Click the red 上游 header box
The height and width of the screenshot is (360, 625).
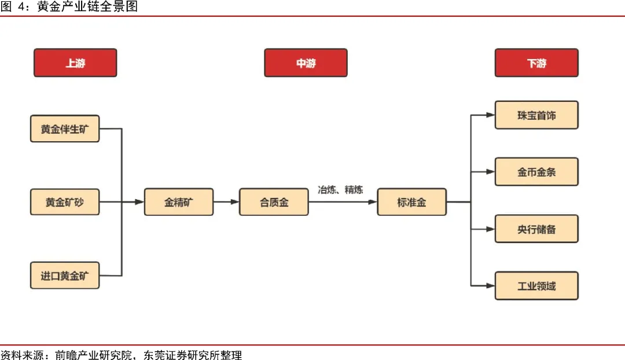pos(75,63)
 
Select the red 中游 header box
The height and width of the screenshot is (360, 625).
pos(306,63)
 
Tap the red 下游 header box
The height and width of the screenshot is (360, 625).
pos(536,63)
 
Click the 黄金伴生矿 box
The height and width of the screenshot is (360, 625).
pos(65,128)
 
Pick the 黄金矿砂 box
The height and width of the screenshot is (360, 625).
pos(65,202)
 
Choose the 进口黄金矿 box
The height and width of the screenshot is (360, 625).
pos(65,275)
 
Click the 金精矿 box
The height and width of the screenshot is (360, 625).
pos(179,202)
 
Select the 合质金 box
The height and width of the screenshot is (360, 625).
pos(274,202)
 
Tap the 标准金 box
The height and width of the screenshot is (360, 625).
pos(411,202)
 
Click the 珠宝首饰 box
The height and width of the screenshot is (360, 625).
pos(536,115)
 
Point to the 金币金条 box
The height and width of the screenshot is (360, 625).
pos(536,172)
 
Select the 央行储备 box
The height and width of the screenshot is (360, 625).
pos(536,229)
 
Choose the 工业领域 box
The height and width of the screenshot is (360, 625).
pos(536,285)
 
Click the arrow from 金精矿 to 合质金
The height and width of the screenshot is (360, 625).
pos(226,202)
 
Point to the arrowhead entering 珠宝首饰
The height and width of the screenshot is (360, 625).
pos(490,115)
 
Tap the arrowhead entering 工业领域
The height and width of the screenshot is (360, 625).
pos(490,285)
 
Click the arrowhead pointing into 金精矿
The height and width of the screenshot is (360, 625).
pos(139,202)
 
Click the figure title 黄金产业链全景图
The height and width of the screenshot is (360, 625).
pos(87,7)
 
